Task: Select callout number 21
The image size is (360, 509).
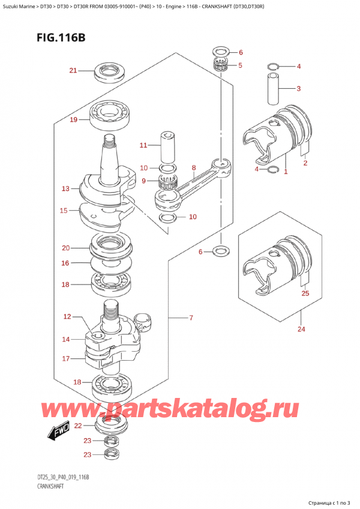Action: [73, 71]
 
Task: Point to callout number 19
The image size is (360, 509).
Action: [73, 119]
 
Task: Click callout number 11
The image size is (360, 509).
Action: [142, 145]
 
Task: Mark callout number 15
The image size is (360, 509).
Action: [64, 210]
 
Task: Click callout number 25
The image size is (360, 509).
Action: [305, 294]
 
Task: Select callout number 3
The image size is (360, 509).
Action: [298, 89]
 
